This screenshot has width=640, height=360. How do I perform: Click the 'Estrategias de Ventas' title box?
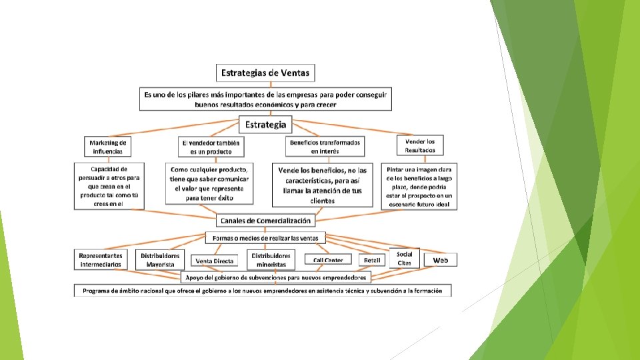[x=265, y=72]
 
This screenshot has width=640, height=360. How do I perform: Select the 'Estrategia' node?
[x=266, y=124]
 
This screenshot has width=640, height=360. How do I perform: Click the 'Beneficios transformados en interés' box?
[x=325, y=147]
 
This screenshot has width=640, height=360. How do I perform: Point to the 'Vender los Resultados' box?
[x=419, y=145]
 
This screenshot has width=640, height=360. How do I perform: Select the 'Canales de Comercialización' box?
[x=266, y=220]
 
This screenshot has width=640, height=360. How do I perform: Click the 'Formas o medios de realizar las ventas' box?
[x=265, y=237]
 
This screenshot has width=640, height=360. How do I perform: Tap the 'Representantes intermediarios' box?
[x=101, y=259]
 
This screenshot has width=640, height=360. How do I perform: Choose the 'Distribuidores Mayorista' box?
[x=160, y=259]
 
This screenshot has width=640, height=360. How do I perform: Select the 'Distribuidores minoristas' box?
[x=270, y=259]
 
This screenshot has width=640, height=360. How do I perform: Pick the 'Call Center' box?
[x=329, y=260]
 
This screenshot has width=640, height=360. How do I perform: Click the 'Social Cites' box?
[x=405, y=258]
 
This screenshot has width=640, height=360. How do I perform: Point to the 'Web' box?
[x=441, y=259]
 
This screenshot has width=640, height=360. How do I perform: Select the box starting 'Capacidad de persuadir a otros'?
[x=109, y=186]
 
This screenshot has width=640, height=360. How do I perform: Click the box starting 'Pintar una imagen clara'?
[x=419, y=186]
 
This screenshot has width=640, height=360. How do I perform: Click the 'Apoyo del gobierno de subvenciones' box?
[x=275, y=277]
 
